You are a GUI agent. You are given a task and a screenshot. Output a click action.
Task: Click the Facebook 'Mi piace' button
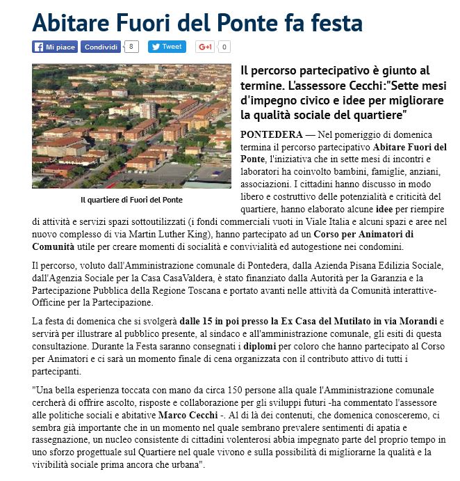pos(54,47)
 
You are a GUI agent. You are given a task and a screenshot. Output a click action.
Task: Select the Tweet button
pos(167,47)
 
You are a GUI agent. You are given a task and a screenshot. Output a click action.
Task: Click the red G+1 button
pos(205,47)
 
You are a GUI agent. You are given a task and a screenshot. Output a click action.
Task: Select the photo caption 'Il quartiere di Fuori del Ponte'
pos(131,200)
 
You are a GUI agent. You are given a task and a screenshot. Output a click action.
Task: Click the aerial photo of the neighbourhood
pos(131,126)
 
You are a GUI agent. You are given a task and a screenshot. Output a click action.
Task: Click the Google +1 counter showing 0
pos(224,47)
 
